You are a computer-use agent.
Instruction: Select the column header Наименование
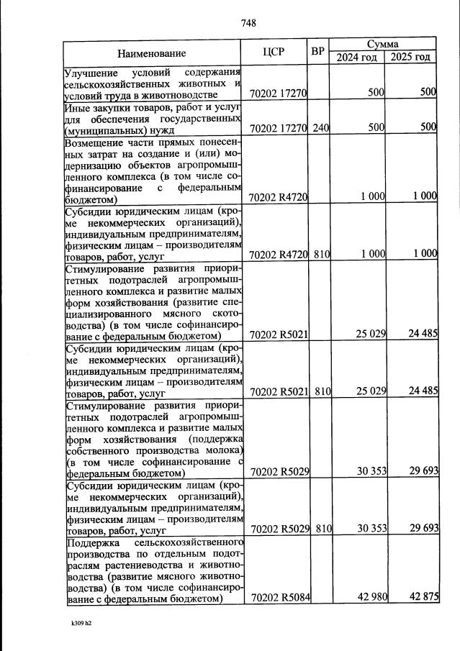click(152, 53)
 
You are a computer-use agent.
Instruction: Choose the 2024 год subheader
click(357, 58)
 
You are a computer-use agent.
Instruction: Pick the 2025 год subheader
click(410, 58)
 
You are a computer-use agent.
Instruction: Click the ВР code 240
click(321, 127)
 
